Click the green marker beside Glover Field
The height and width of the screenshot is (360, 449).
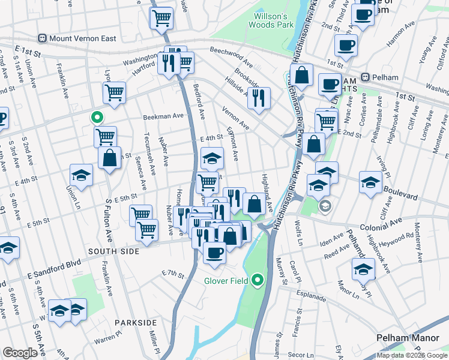(x=258, y=280)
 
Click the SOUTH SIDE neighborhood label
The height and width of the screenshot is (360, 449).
(x=113, y=251)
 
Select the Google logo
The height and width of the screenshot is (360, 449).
(x=20, y=353)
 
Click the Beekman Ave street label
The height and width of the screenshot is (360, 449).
(x=163, y=116)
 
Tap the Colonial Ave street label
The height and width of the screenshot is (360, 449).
(x=381, y=227)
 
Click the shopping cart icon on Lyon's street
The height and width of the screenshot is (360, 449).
(x=113, y=92)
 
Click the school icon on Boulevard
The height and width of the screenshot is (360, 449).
(x=370, y=182)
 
